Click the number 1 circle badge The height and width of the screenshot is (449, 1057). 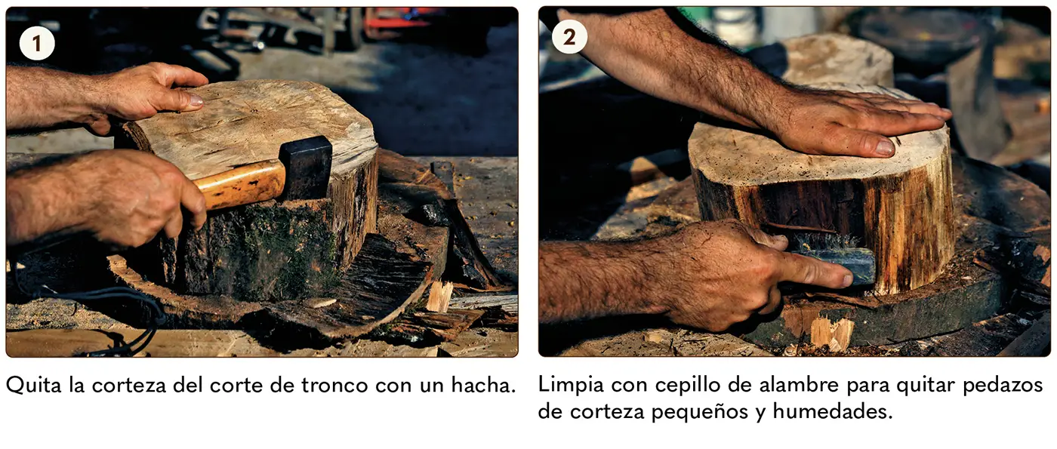point(37,44)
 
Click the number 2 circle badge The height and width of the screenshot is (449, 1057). point(569,37)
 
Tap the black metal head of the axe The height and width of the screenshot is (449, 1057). point(306,168)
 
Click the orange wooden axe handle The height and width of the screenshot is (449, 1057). point(241,184)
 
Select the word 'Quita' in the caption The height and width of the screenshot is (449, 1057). point(34,386)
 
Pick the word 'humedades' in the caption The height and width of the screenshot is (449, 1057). point(833,412)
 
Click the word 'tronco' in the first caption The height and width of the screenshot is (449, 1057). point(334,386)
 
